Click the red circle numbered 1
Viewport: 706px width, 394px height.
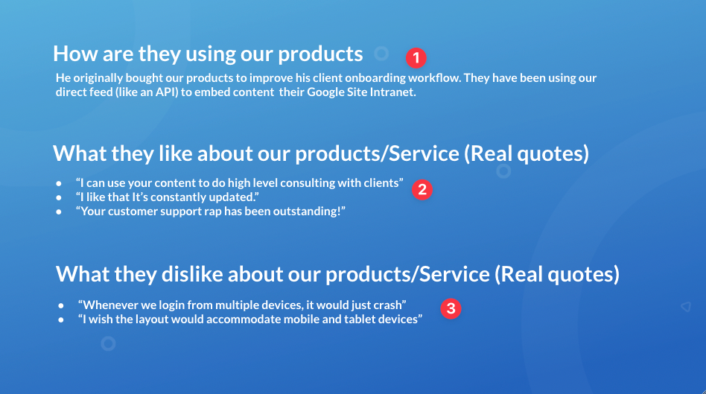tap(416, 58)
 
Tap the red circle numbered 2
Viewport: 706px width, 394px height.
tap(422, 190)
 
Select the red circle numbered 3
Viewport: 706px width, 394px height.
tap(451, 309)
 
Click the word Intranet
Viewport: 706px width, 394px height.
tap(392, 92)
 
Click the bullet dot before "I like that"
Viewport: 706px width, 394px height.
tap(59, 197)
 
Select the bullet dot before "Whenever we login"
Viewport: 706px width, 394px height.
tap(61, 306)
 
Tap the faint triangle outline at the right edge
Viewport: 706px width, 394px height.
tap(685, 307)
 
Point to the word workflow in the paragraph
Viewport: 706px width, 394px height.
tap(433, 78)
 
